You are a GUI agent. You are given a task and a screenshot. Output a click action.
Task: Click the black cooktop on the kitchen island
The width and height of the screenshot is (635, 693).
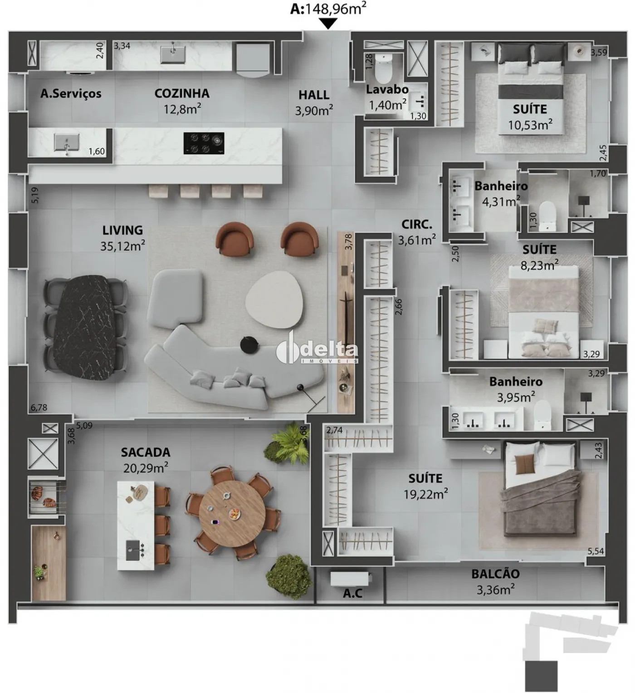(x=204, y=143)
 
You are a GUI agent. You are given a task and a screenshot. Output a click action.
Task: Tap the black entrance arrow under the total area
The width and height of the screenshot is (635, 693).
(x=327, y=24)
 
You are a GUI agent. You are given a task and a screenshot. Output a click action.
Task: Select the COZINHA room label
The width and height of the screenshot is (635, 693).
(x=182, y=93)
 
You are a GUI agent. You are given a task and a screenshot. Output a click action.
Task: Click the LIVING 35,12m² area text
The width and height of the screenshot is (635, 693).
(x=122, y=238)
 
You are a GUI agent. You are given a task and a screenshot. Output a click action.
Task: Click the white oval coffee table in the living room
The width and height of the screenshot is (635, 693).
(x=274, y=299)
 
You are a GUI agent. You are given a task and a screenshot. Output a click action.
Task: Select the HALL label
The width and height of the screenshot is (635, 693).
(x=314, y=95)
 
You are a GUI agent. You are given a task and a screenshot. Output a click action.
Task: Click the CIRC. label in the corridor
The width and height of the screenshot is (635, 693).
(x=417, y=225)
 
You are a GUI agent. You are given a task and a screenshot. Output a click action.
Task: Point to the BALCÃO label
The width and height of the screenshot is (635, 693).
(x=495, y=574)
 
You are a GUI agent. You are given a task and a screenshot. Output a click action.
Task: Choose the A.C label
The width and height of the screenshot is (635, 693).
(x=352, y=593)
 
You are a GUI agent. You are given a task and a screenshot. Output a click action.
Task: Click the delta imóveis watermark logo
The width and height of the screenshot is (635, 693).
(x=317, y=349)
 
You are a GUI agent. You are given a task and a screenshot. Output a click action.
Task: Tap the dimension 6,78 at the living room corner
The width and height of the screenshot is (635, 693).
(x=39, y=408)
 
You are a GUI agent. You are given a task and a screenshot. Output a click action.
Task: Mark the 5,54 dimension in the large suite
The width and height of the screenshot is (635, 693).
(x=596, y=551)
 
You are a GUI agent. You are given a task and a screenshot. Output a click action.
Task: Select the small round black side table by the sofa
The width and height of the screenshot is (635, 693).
(x=249, y=345)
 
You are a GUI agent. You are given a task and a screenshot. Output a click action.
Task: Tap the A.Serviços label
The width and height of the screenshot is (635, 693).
(x=71, y=93)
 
